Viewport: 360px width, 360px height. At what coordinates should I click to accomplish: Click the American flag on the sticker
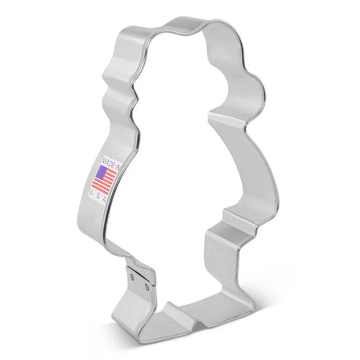point(105,176)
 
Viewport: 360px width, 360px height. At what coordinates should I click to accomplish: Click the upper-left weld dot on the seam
point(133,274)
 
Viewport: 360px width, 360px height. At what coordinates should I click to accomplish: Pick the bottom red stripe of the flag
point(106,185)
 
